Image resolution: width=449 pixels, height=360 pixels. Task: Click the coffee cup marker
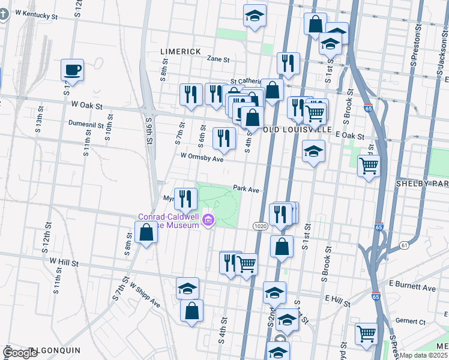pyautogui.click(x=72, y=70)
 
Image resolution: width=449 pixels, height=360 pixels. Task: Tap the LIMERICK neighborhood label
pyautogui.click(x=181, y=52)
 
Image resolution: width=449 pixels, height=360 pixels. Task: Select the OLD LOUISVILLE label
pyautogui.click(x=297, y=130)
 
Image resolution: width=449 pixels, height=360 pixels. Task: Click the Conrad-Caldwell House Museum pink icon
pyautogui.click(x=208, y=221)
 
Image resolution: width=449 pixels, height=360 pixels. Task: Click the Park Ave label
pyautogui.click(x=246, y=189)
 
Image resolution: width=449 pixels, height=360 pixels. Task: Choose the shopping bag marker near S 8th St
pyautogui.click(x=146, y=232)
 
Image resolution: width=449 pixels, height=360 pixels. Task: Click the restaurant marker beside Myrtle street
pyautogui.click(x=186, y=198)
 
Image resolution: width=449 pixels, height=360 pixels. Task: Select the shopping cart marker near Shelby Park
pyautogui.click(x=369, y=165)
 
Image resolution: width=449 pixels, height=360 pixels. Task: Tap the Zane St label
pyautogui.click(x=218, y=59)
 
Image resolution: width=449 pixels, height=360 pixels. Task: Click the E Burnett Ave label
pyautogui.click(x=412, y=288)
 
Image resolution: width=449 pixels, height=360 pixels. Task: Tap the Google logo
pyautogui.click(x=20, y=353)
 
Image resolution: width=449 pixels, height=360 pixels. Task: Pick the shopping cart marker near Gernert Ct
pyautogui.click(x=366, y=334)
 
